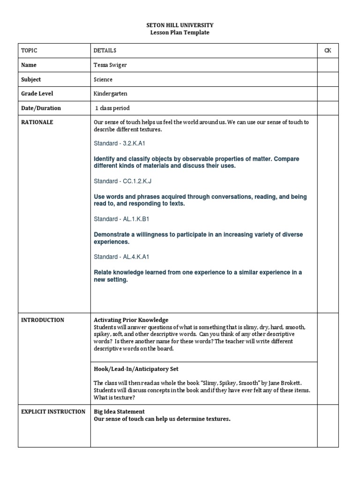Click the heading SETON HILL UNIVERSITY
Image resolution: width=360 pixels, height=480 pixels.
coord(180,25)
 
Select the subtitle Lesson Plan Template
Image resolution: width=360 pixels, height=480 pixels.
coord(180,32)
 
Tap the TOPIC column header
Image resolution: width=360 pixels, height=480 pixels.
coord(29,51)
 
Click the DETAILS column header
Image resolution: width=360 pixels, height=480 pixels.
coord(105,51)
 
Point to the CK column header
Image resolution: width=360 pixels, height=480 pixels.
coord(328,51)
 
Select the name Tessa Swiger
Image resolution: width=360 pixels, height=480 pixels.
coord(110,65)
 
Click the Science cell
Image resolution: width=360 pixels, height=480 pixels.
coord(103,80)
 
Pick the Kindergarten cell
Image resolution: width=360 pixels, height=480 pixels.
coord(110,94)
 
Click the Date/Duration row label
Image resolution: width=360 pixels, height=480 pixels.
coord(41,108)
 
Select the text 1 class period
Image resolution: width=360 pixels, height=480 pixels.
coord(112,108)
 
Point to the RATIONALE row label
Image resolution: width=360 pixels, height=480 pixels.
coord(37,122)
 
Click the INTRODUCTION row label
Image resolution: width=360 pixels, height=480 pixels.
coord(43,320)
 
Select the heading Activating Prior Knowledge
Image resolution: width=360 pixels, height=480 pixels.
coord(131,320)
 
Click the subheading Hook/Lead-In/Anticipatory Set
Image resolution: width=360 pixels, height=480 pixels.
coord(136,369)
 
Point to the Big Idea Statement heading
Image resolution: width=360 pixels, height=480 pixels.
coord(119,412)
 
